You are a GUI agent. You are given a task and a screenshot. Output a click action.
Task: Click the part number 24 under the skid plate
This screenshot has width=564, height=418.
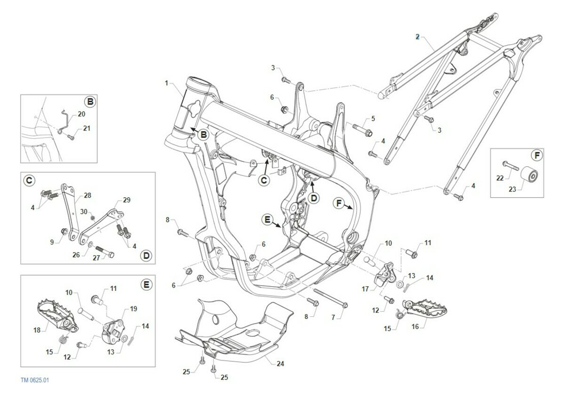pos(281,363)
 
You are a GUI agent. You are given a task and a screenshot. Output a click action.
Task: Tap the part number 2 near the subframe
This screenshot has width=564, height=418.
pos(417,37)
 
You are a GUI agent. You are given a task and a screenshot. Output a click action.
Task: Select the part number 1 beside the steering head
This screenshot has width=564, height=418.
pos(166,83)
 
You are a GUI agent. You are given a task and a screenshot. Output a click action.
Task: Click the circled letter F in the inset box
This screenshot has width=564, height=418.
pos(536,155)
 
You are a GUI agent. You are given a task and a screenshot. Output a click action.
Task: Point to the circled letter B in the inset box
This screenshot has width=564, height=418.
pos(89,101)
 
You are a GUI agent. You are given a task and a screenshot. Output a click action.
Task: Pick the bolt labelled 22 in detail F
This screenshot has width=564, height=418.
pos(511,165)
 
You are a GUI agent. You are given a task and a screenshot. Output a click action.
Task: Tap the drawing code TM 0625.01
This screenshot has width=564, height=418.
pos(34,380)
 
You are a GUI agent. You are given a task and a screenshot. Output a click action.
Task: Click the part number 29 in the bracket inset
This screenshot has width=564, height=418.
pos(126,200)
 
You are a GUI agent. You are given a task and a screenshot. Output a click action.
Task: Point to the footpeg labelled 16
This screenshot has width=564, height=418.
pos(427,308)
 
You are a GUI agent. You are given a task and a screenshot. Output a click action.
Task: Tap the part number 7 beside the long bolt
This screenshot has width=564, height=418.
pos(333,318)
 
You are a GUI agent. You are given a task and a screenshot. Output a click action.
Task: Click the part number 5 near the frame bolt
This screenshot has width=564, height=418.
pos(373,118)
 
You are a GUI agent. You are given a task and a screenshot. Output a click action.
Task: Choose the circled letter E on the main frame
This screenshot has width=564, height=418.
pos(267,219)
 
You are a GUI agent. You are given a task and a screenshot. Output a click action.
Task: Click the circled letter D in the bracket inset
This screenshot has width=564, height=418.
pos(146,255)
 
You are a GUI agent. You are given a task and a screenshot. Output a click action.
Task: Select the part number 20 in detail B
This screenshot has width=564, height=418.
pos(81,114)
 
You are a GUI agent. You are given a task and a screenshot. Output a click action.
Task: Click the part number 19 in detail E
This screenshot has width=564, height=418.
pos(133,309)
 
